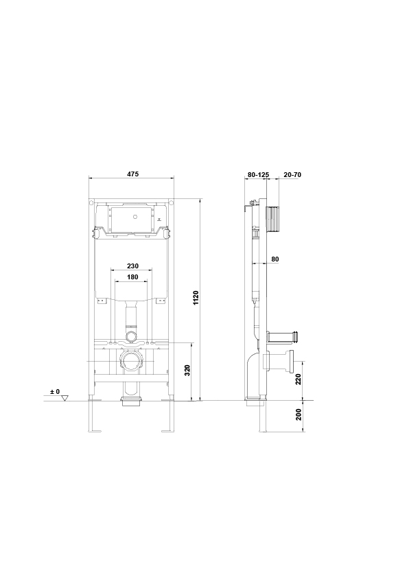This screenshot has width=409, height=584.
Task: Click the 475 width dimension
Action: tap(132, 174)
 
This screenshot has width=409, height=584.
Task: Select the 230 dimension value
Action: tap(132, 266)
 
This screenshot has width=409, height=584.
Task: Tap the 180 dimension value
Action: tap(132, 277)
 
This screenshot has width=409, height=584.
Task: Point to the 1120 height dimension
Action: tap(196, 298)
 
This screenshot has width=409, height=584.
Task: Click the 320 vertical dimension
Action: tap(188, 370)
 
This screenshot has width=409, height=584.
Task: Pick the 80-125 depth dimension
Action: tap(258, 174)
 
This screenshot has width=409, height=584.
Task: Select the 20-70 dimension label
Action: tap(292, 174)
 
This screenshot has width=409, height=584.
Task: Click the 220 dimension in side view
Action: tap(299, 380)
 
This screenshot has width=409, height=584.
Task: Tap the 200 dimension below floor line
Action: tap(299, 414)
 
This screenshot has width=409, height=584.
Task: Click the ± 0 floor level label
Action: tap(55, 392)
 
